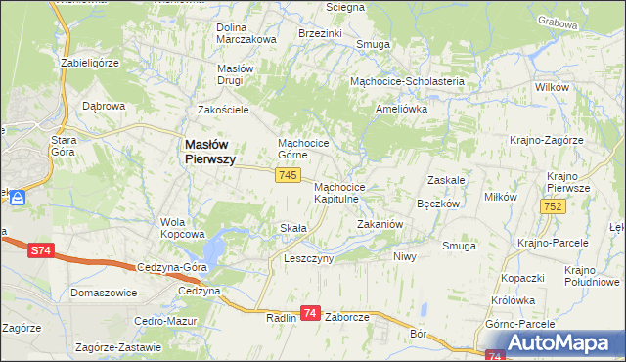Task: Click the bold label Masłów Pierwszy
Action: coord(209,153)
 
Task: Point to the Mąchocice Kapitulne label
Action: coord(339,192)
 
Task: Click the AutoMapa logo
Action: coord(558,342)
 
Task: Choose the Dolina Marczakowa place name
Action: coord(246,32)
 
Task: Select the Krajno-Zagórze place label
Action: coord(546,141)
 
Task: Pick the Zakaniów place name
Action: coord(380,224)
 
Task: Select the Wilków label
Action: coord(552,88)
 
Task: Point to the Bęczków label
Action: coord(437,204)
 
